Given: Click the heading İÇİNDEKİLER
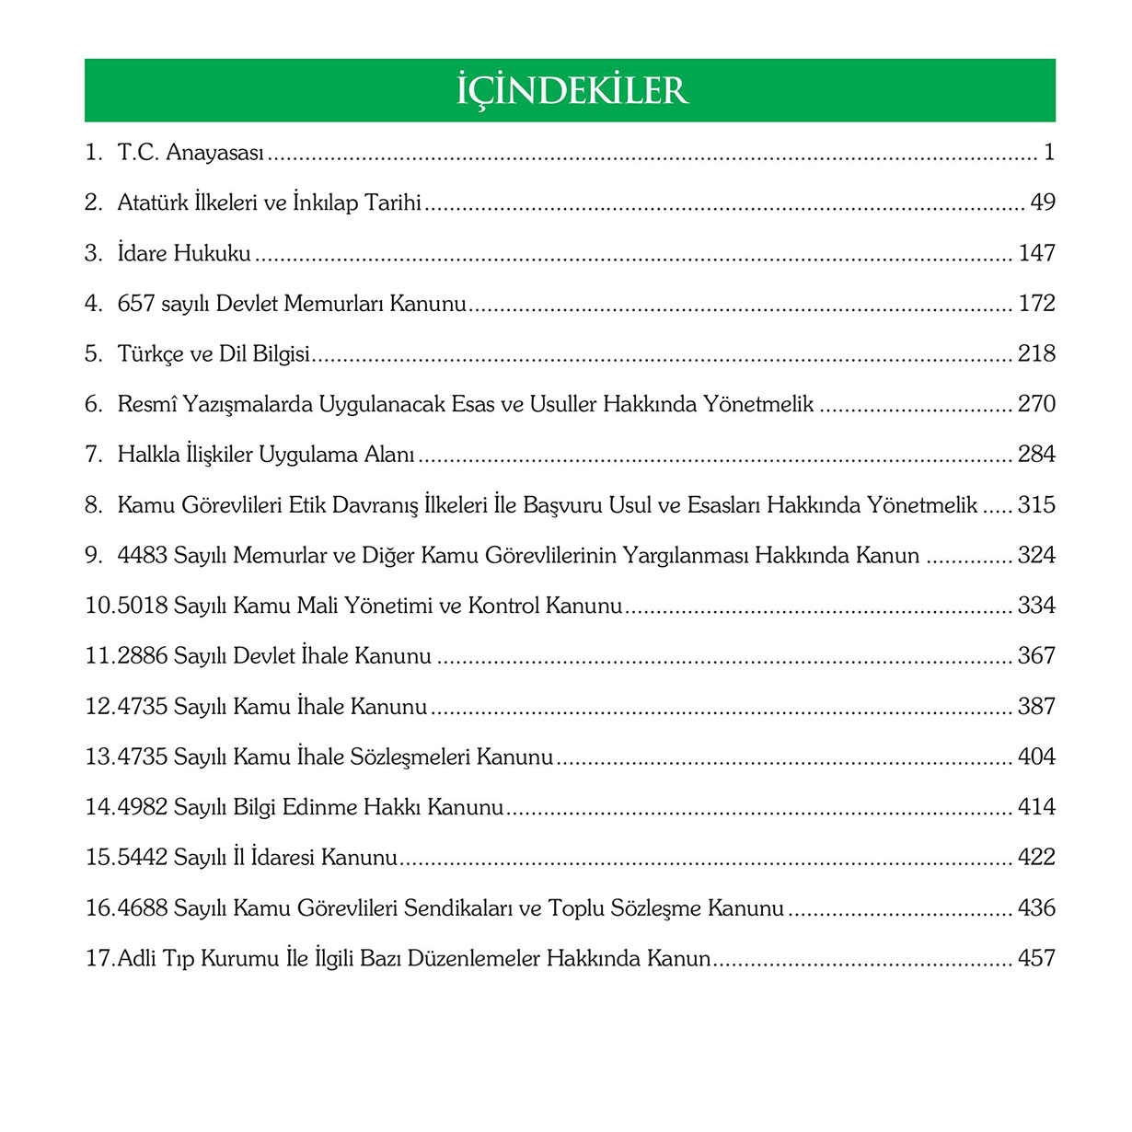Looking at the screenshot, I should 572,90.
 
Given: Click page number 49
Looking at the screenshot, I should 1043,202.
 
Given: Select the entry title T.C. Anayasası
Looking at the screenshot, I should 191,153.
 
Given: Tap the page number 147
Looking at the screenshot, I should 1036,253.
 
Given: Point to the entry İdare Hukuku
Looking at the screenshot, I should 184,253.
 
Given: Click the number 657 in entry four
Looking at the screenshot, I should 136,304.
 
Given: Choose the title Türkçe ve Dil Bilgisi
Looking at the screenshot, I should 214,354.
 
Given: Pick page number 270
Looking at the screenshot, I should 1036,404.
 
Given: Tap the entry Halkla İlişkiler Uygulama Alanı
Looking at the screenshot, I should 266,455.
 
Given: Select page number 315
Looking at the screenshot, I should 1036,505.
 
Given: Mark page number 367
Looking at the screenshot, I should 1036,656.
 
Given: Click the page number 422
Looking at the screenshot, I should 1036,858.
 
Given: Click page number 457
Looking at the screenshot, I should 1036,959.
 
